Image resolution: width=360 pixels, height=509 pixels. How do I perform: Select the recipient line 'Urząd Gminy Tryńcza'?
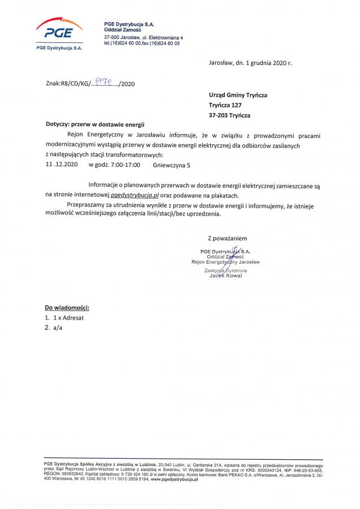[238, 95]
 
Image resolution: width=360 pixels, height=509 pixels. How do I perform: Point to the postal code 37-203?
[218, 115]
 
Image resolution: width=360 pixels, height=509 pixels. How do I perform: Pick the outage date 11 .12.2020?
[61, 165]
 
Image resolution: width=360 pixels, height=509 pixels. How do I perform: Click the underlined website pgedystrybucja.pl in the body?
[136, 194]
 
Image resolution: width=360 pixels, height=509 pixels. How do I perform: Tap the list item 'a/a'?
[57, 328]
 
